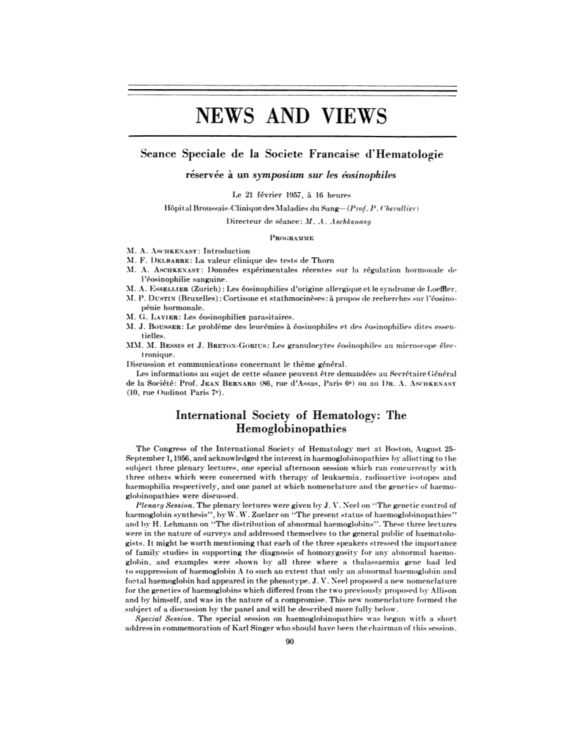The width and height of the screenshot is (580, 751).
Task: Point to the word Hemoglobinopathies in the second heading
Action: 291,429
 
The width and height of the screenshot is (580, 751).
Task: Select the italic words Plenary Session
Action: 165,507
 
